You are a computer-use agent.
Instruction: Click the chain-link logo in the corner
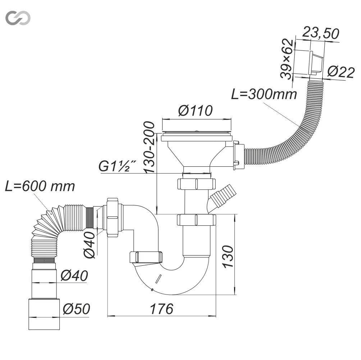click(x=18, y=18)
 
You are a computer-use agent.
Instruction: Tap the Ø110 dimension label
click(x=195, y=111)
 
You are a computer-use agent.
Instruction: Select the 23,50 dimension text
click(x=321, y=33)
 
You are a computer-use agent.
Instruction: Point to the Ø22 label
click(x=341, y=72)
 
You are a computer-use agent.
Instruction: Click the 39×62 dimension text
click(x=287, y=59)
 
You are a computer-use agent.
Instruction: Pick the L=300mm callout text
click(x=264, y=94)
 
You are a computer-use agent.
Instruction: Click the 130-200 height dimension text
click(x=149, y=147)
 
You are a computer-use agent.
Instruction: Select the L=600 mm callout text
click(x=40, y=186)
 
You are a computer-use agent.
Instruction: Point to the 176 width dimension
click(x=161, y=309)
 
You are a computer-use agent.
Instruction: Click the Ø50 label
click(x=77, y=309)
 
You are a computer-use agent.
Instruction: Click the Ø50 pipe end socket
click(x=44, y=314)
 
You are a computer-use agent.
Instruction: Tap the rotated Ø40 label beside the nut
click(x=89, y=245)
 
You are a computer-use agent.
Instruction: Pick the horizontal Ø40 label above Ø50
click(x=74, y=276)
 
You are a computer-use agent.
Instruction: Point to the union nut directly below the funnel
click(x=196, y=184)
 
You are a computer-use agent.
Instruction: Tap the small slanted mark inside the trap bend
click(x=158, y=279)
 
